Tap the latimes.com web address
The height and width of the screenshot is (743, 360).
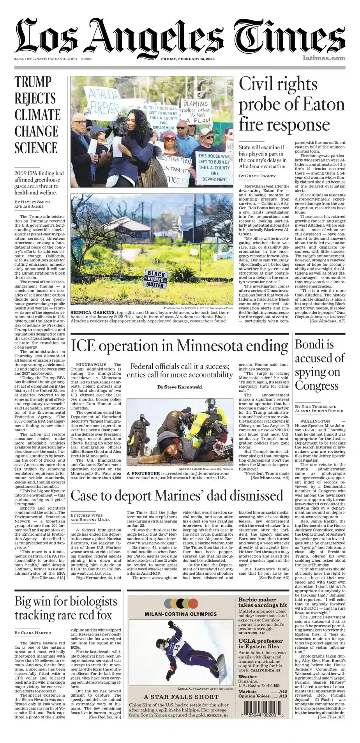[323, 58]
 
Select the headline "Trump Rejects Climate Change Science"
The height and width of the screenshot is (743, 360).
[37, 115]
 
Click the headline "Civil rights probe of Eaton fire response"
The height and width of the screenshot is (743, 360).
[291, 104]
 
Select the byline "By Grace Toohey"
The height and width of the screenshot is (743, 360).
[257, 176]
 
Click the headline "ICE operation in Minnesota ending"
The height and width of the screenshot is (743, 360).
[180, 346]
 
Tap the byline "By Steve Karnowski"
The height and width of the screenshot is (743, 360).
[180, 387]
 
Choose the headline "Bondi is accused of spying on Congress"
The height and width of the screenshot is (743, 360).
[319, 365]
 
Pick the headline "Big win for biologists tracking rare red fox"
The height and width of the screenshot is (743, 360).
[65, 608]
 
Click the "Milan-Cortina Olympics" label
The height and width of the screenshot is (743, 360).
[180, 614]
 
